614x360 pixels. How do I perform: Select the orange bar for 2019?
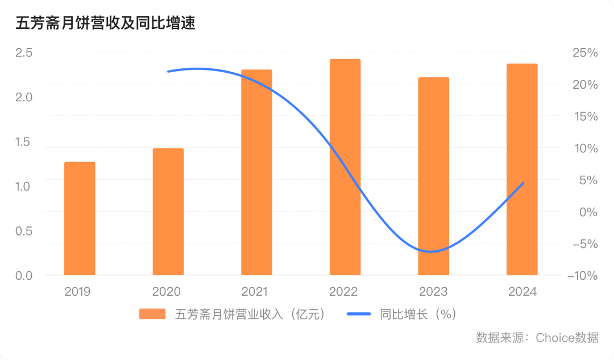click(x=80, y=219)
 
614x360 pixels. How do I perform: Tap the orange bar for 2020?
click(x=168, y=212)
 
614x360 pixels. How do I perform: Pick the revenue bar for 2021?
click(x=256, y=173)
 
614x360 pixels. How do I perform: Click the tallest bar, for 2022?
click(x=345, y=167)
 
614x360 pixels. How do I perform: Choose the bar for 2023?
click(x=433, y=176)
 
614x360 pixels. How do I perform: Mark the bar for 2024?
click(x=522, y=169)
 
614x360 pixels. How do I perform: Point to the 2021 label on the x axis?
click(x=255, y=292)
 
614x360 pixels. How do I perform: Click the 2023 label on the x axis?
click(x=433, y=292)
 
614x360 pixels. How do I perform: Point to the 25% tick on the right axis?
click(x=584, y=53)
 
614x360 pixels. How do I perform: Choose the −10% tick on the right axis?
click(x=582, y=276)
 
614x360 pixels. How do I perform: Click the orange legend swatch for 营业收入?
click(x=152, y=314)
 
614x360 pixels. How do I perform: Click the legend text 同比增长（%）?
click(x=418, y=314)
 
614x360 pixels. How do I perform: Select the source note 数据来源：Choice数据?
click(x=537, y=337)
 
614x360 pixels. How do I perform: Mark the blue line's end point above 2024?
click(x=523, y=183)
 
